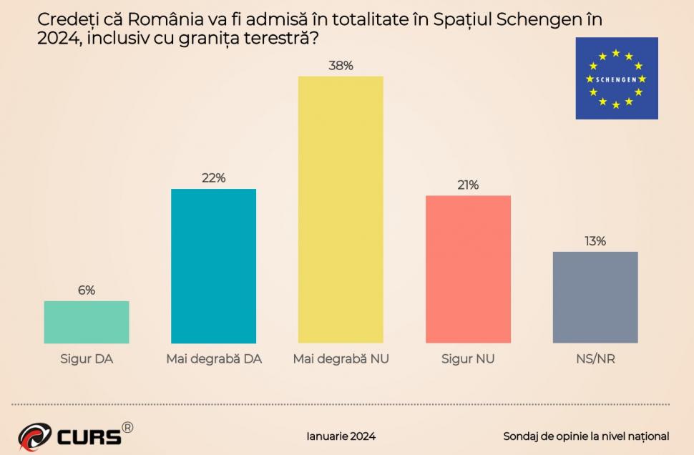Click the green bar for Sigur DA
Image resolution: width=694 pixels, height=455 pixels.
pos(87,322)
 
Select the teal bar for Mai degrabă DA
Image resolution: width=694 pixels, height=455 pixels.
pos(213,266)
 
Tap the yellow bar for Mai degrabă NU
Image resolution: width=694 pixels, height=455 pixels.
pos(341,210)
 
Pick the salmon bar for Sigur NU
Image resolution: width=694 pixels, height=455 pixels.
pos(468,269)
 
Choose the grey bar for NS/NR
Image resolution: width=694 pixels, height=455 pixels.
pos(595,297)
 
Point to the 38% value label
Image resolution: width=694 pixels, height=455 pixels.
pos(341,66)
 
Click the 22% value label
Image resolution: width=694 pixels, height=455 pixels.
pos(213,178)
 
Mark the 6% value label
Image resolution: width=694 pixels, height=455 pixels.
pos(87,290)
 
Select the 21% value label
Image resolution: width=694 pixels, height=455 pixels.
pos(468,185)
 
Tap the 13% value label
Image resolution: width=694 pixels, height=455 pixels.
pos(595,241)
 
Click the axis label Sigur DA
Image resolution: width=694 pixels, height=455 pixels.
pos(87,359)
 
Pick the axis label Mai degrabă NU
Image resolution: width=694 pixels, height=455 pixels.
pos(341,359)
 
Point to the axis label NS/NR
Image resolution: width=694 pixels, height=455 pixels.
pos(595,359)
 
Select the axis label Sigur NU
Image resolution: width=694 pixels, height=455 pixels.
pos(468,359)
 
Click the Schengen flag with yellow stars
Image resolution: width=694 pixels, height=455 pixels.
pos(616,79)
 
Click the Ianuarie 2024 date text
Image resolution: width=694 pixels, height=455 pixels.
pos(341,436)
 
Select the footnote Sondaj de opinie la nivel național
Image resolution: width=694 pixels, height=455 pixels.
pos(586,436)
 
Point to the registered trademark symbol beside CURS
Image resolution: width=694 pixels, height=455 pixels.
pos(127,427)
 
